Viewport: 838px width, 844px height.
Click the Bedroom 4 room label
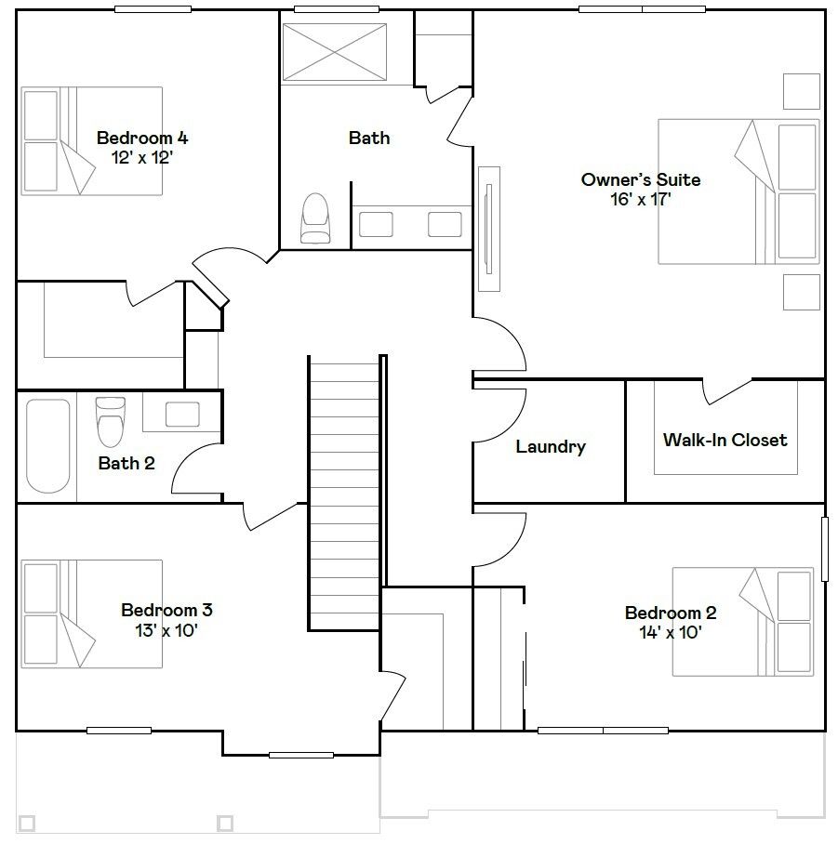click(142, 138)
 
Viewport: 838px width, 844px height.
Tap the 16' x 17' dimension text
click(640, 199)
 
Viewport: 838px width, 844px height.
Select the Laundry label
click(551, 446)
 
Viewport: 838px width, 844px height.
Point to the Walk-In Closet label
click(725, 440)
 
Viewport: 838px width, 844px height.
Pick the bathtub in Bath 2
click(48, 445)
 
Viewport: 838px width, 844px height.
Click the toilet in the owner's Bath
click(315, 218)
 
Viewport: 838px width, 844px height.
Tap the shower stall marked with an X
click(335, 52)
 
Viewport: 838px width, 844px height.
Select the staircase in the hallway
click(344, 493)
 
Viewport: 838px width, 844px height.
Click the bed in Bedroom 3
click(91, 613)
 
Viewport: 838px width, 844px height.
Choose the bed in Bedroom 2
click(743, 621)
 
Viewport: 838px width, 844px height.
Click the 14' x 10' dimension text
click(670, 632)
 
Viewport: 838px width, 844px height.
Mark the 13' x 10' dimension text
click(166, 630)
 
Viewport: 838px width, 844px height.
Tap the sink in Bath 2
click(182, 415)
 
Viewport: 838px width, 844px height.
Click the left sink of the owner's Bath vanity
click(376, 224)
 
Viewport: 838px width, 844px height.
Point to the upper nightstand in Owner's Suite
click(802, 91)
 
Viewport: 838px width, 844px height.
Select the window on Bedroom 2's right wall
click(824, 549)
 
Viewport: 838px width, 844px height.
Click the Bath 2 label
click(126, 463)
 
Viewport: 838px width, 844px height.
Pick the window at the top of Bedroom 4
click(153, 9)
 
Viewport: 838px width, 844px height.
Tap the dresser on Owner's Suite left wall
click(489, 229)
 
